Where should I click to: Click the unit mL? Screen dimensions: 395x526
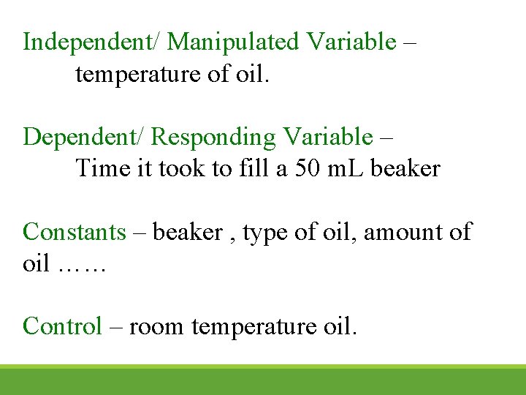click(348, 169)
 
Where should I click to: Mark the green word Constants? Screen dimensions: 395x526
click(75, 232)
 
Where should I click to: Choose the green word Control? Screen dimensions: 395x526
click(62, 326)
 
